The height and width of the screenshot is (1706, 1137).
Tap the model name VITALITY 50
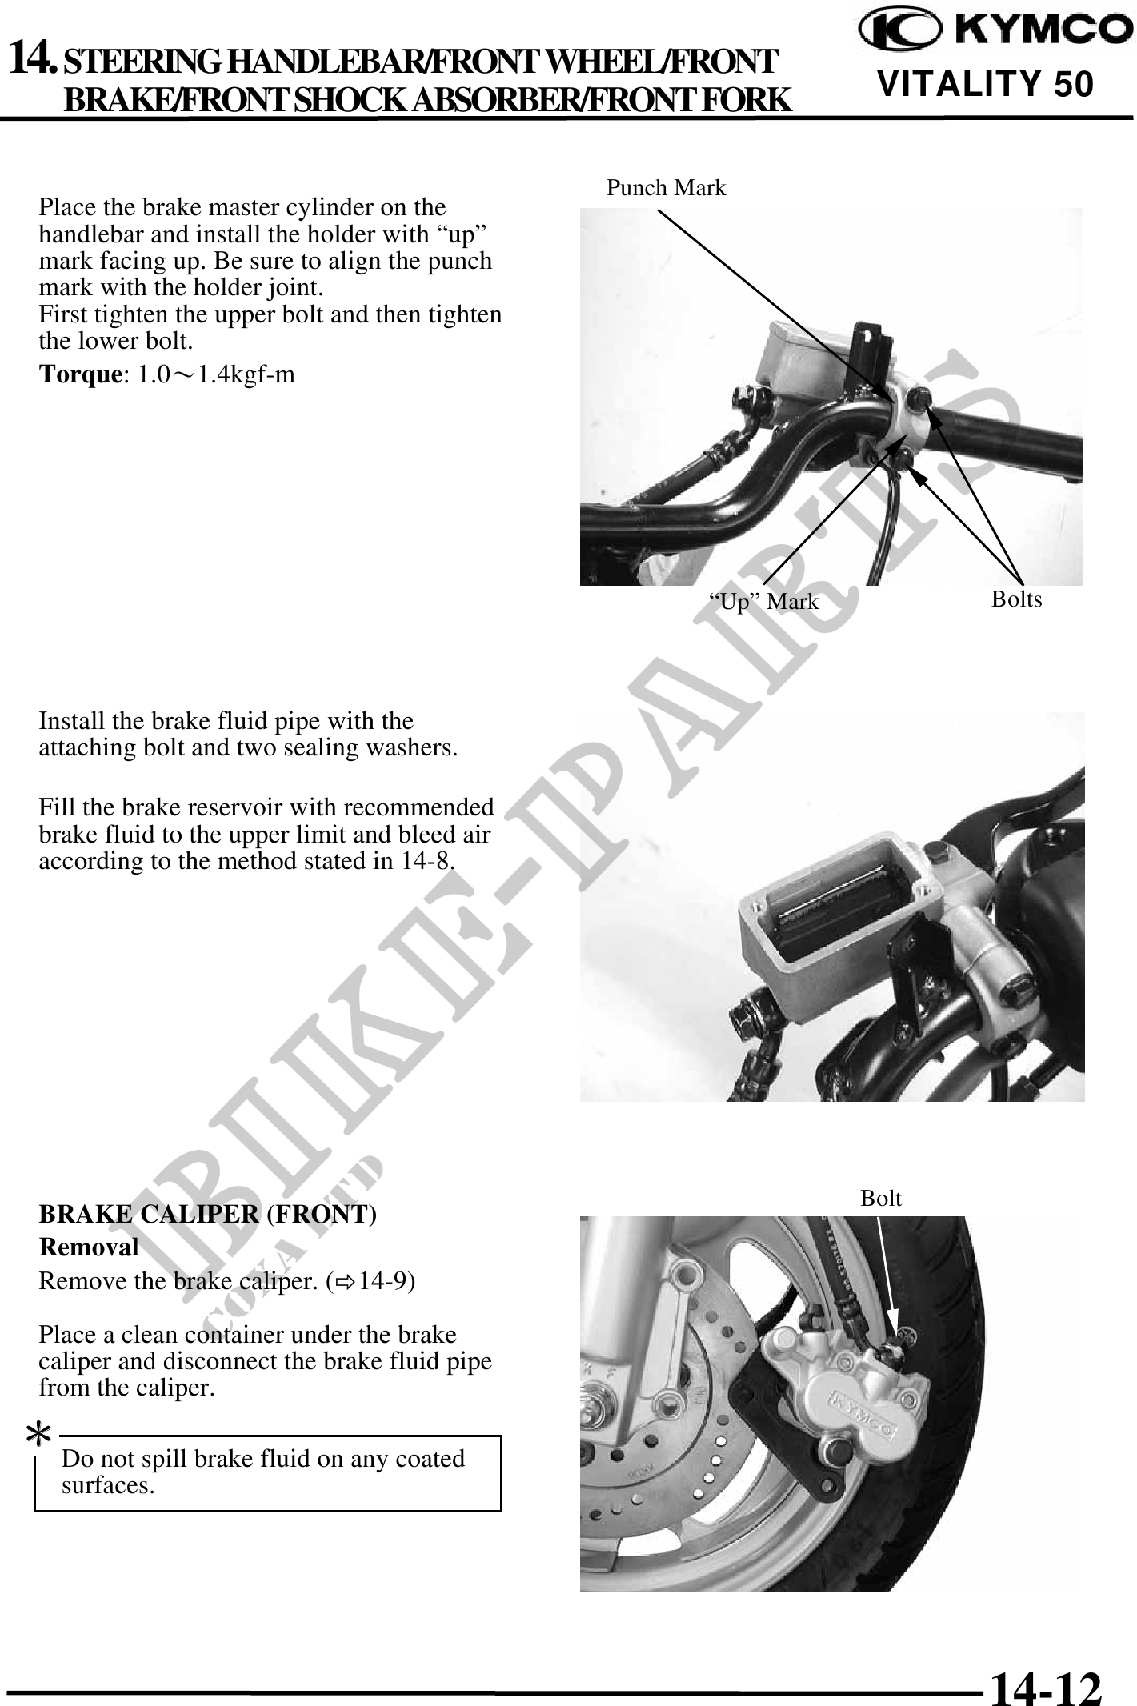(x=985, y=84)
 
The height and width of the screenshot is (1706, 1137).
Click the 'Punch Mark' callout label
(x=667, y=188)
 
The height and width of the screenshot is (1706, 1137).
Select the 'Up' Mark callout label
(x=764, y=601)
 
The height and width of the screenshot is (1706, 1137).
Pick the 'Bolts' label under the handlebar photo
(x=1016, y=599)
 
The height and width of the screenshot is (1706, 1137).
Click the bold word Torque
(x=78, y=374)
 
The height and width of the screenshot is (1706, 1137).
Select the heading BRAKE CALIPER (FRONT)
(x=208, y=1214)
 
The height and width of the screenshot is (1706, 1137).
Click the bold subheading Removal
(x=89, y=1247)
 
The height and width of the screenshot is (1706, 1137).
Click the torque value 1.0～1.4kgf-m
(x=216, y=374)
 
